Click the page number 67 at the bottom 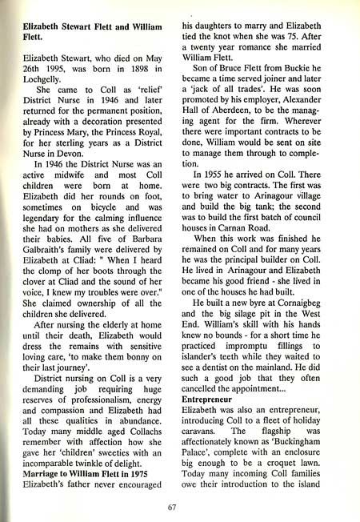click(x=172, y=506)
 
